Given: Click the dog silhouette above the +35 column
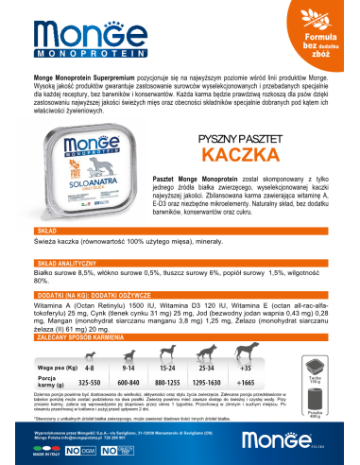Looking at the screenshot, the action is tap(270, 350).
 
